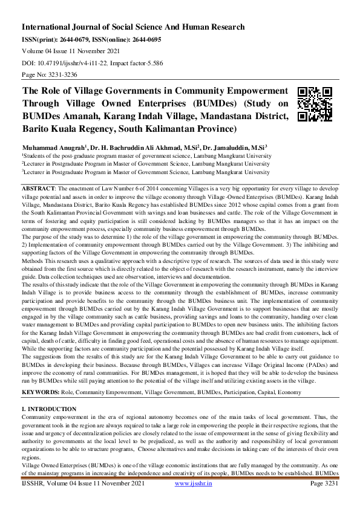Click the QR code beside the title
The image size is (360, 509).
315,104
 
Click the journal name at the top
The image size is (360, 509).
133,27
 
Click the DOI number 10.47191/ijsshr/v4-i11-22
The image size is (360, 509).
79,63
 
